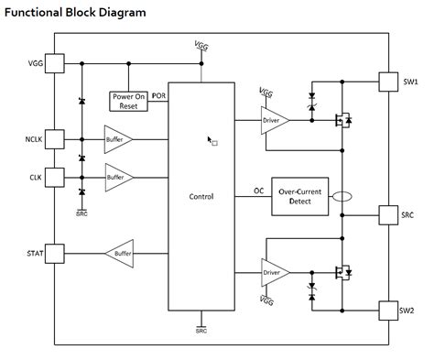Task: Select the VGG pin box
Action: point(54,63)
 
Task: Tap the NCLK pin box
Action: point(54,139)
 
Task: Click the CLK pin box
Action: point(54,176)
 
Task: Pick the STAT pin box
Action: point(54,252)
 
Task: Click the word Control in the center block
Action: point(201,196)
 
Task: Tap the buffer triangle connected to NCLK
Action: point(116,139)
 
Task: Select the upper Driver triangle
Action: point(274,120)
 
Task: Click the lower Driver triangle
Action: point(274,272)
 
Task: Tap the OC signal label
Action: point(258,191)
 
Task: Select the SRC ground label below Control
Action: point(201,332)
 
